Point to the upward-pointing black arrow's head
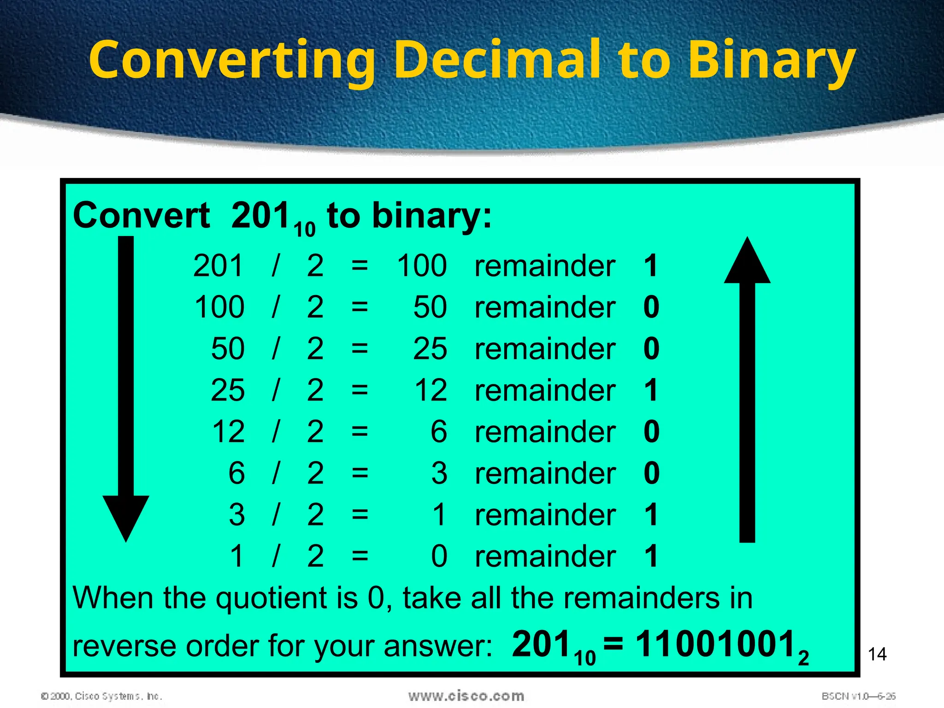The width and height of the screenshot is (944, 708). coord(747,263)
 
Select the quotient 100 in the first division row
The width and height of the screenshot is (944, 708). coord(422,266)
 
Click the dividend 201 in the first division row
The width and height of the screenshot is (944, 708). coord(218,266)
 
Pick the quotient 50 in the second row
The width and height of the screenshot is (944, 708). coord(430,307)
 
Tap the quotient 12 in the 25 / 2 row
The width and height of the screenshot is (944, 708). coord(431,390)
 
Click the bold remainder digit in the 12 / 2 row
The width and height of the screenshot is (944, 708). coord(651,432)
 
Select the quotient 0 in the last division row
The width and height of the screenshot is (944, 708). coord(439,556)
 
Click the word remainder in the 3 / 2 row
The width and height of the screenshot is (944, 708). coord(545,515)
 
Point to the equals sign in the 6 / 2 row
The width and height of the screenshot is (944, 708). coord(360,473)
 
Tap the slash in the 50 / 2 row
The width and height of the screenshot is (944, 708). coord(276,349)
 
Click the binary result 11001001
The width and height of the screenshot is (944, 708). coord(715,644)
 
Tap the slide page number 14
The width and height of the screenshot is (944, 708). coord(877,654)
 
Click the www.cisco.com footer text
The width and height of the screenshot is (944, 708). coord(466,696)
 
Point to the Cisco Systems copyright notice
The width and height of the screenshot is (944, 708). coord(101,696)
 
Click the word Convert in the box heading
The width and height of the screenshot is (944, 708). coord(141,216)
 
